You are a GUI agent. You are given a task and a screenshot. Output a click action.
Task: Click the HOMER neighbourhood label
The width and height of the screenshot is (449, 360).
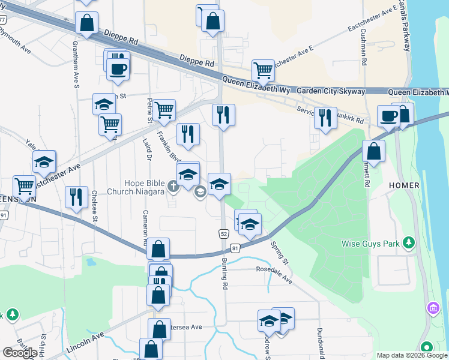tap(403, 185)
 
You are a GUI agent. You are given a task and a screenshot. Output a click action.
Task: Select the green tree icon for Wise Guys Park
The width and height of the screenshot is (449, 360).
tap(409, 242)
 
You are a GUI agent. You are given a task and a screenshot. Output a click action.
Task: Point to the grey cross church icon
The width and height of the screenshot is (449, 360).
tap(173, 187)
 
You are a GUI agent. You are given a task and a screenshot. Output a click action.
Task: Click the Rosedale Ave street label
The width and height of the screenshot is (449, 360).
tap(274, 275)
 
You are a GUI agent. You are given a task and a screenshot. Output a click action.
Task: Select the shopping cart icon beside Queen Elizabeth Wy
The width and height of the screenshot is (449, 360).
tap(263, 71)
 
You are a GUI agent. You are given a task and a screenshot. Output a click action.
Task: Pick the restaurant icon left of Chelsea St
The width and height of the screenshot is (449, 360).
tap(76, 197)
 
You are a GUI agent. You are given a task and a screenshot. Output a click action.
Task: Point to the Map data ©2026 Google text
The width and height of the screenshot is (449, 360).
tap(412, 355)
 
